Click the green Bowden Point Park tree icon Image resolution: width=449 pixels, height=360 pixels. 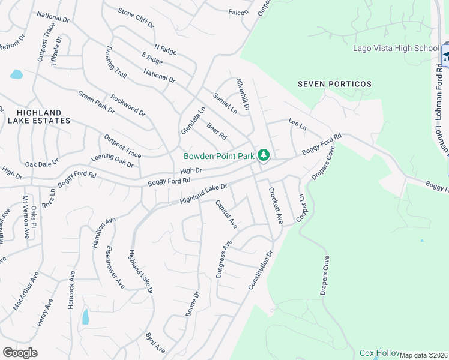tap(263, 155)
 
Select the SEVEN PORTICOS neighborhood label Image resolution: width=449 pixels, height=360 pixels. tap(334, 84)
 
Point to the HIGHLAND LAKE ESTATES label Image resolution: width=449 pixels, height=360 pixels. tap(39, 116)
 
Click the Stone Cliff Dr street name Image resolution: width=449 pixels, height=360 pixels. tap(136, 19)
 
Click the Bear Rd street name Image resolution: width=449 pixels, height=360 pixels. tap(216, 131)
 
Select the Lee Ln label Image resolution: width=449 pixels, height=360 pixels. tap(298, 124)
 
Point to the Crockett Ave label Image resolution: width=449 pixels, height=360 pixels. tap(276, 205)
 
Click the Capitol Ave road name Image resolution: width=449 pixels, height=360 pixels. tap(226, 214)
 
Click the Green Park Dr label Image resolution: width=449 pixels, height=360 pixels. tap(96, 102)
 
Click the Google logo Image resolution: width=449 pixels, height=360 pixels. tap(20, 353)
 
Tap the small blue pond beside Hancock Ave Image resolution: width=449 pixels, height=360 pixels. tap(85, 317)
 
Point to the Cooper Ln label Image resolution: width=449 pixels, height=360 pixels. tap(301, 206)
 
